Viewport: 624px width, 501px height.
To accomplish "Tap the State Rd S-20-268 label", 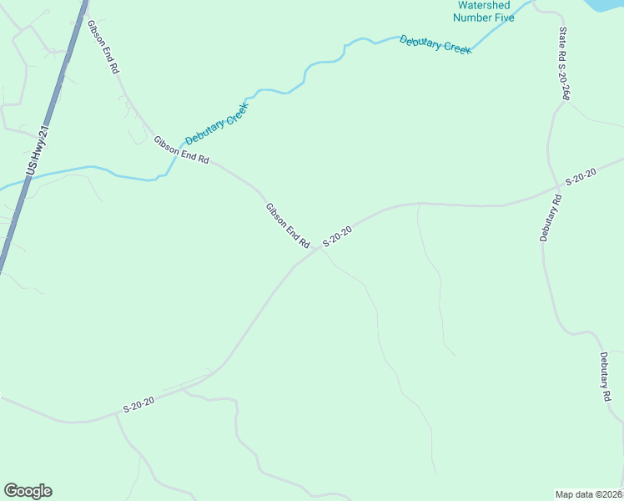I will pyautogui.click(x=564, y=63).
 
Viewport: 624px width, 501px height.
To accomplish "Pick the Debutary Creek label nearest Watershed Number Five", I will pyautogui.click(x=435, y=43).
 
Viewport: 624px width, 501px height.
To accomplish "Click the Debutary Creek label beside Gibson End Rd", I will pyautogui.click(x=217, y=124).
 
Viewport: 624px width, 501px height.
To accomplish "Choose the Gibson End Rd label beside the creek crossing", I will pyautogui.click(x=180, y=150).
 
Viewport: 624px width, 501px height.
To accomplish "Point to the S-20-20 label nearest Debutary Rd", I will pyautogui.click(x=581, y=176).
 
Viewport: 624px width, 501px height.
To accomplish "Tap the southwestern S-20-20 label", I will pyautogui.click(x=138, y=405).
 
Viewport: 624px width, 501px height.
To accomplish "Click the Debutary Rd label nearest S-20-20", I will pyautogui.click(x=552, y=218).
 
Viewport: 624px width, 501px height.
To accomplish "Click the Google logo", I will pyautogui.click(x=28, y=491).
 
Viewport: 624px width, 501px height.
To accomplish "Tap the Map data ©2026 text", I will pyautogui.click(x=589, y=494).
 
